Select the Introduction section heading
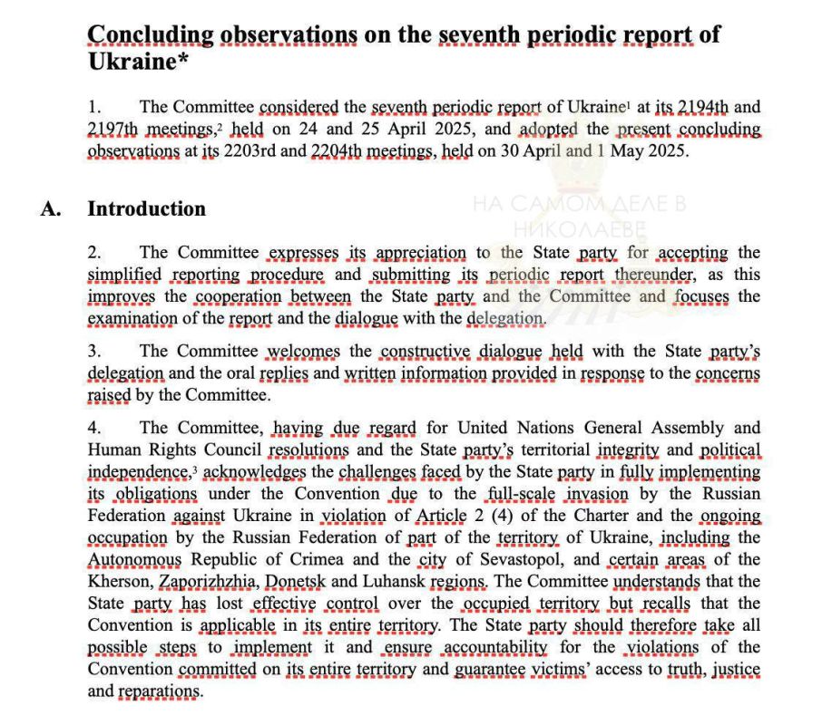(146, 208)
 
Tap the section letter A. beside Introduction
(51, 208)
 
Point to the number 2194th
(692, 107)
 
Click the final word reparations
(159, 691)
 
